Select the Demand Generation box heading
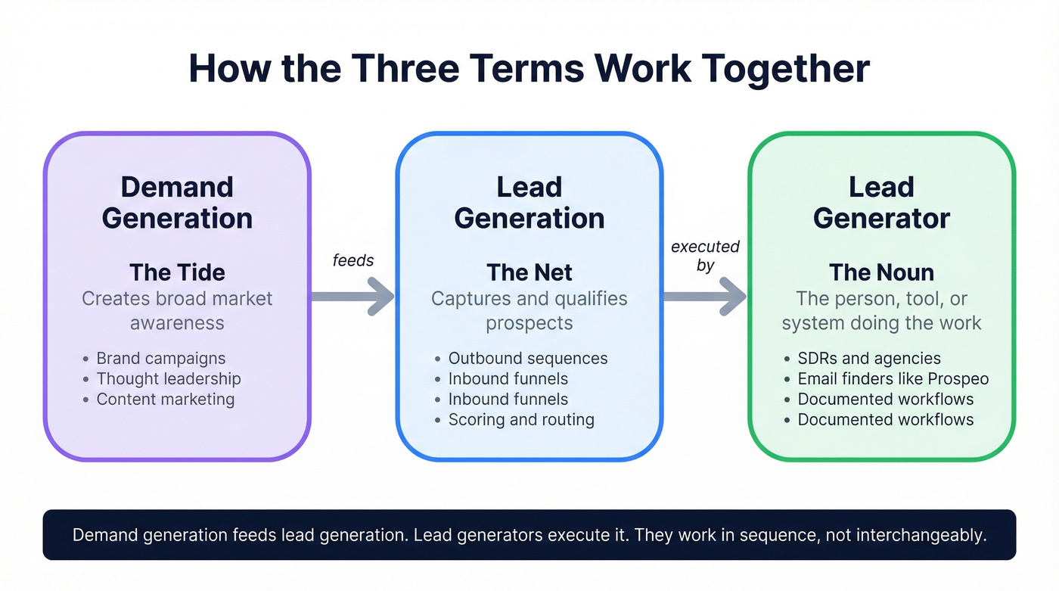click(x=177, y=203)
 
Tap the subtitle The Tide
click(x=177, y=272)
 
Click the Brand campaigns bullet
click(x=160, y=359)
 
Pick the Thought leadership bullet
click(x=168, y=379)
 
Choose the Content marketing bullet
click(x=165, y=400)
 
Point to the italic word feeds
click(x=353, y=260)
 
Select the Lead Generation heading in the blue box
click(x=529, y=203)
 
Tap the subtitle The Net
click(x=529, y=272)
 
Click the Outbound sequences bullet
click(x=527, y=359)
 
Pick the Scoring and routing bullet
click(x=521, y=420)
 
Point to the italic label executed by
click(x=705, y=256)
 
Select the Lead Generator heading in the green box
click(x=881, y=203)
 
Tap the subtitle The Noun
click(x=881, y=272)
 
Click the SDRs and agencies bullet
click(x=869, y=359)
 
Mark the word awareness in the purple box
click(x=177, y=323)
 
